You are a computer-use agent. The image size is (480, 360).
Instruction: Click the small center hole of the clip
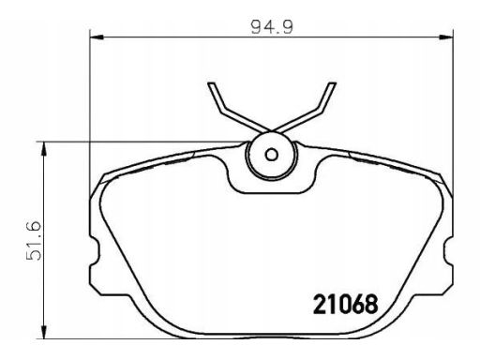[x=270, y=156]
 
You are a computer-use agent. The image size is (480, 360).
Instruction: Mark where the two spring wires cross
[x=270, y=130]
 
